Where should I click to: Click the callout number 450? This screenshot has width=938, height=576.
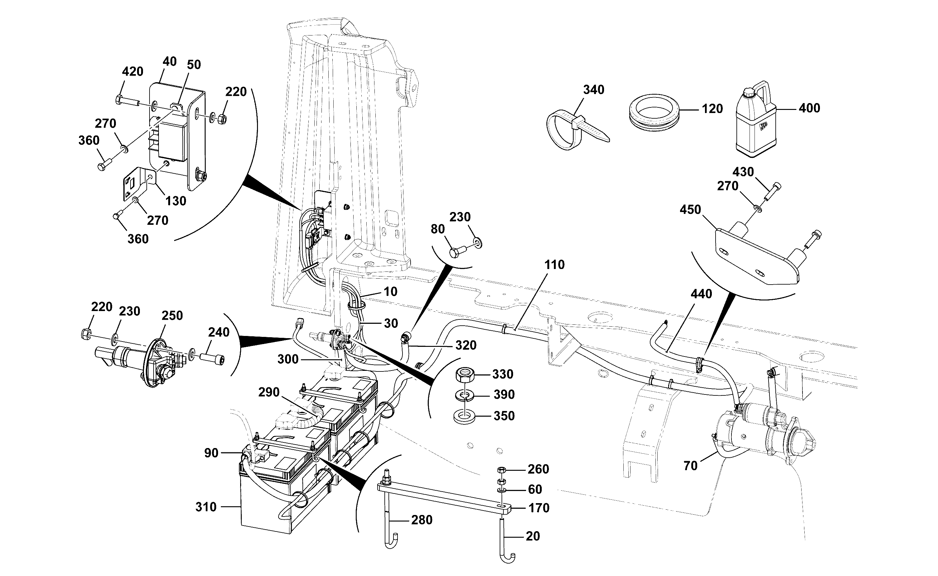tap(690, 210)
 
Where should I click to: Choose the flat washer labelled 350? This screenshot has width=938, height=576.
tap(464, 416)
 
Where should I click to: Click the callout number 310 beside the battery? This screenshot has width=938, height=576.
tap(206, 507)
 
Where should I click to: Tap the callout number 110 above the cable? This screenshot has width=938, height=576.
tap(554, 264)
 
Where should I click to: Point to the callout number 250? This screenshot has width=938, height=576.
tap(172, 315)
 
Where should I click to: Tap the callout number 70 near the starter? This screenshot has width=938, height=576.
tap(690, 465)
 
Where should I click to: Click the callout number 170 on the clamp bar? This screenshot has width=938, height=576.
tap(539, 508)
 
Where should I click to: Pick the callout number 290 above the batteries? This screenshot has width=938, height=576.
tap(269, 392)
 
